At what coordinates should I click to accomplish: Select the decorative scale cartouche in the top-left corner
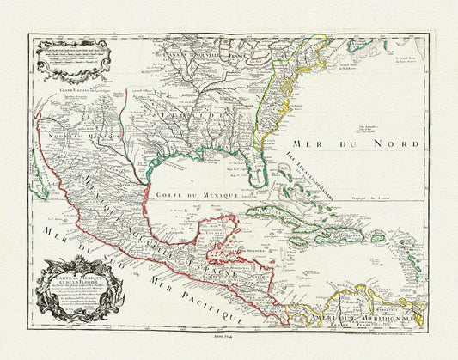click(73, 55)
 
